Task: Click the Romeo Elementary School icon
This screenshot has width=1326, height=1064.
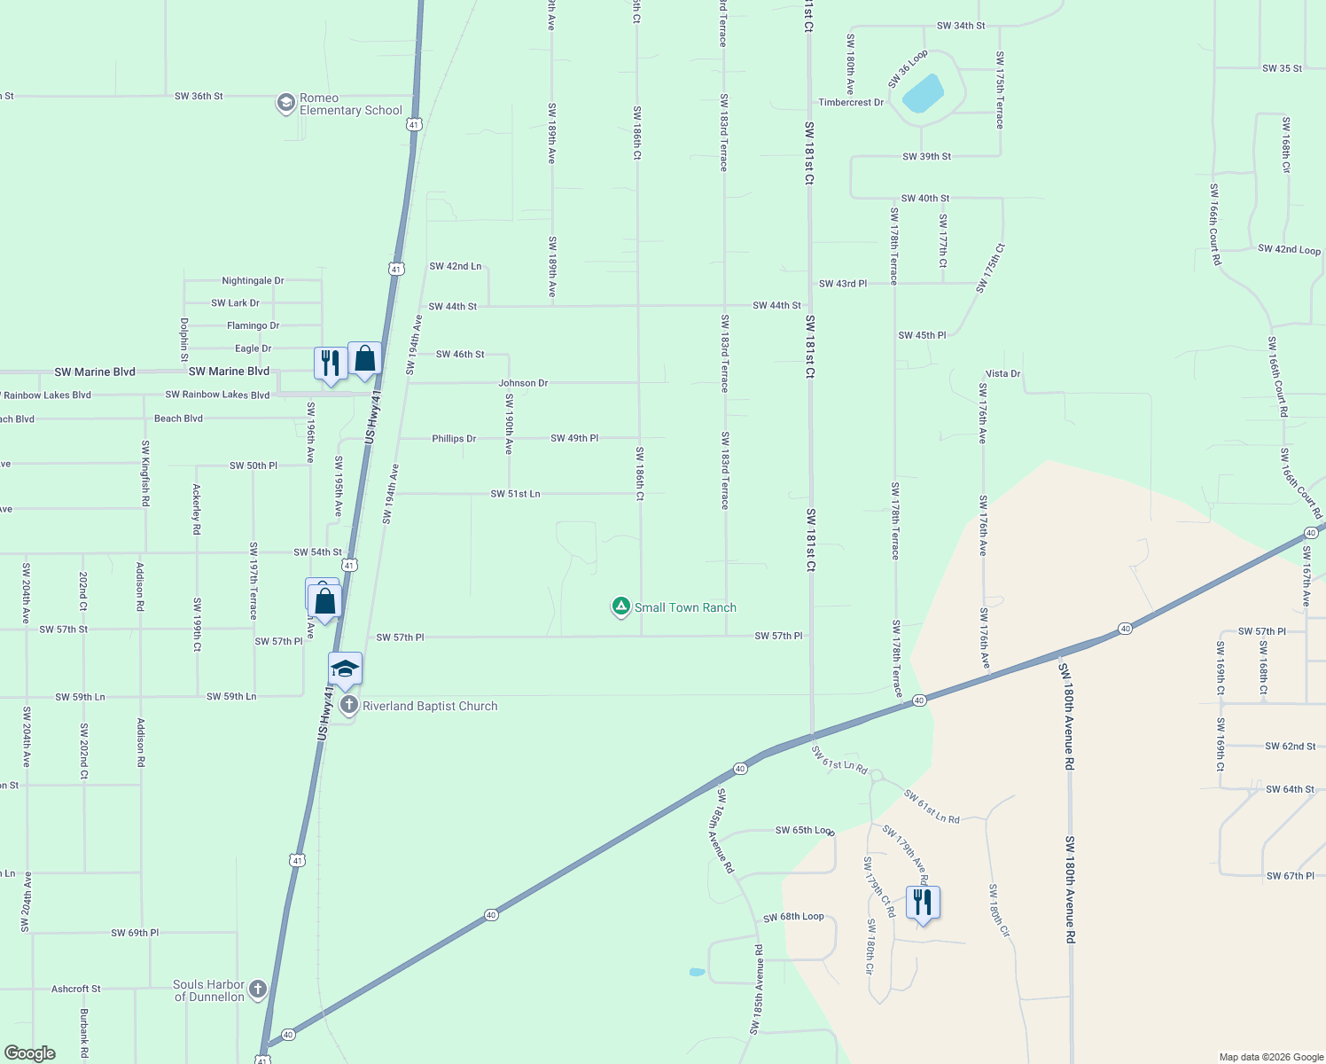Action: (285, 104)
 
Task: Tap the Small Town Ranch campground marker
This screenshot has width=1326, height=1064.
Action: (621, 606)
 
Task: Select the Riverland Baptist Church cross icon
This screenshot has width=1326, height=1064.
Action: (348, 706)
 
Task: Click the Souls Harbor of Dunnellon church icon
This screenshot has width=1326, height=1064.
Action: (258, 990)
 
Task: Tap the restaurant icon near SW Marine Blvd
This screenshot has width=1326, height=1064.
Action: (330, 364)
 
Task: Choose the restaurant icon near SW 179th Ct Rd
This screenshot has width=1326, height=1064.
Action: (923, 903)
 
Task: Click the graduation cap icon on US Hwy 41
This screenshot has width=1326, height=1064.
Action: (345, 669)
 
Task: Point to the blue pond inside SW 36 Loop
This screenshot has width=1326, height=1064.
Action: (923, 93)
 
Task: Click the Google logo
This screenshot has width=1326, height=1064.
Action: (29, 1053)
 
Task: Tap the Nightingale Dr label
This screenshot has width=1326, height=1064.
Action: (253, 281)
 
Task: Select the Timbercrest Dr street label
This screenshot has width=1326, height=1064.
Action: (851, 103)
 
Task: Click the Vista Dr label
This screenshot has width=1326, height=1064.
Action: (1003, 374)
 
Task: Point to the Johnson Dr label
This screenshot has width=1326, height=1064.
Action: (523, 383)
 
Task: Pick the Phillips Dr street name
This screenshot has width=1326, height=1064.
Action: (454, 439)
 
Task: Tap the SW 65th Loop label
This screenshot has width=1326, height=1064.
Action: (804, 831)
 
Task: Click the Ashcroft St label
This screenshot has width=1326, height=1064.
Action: (76, 989)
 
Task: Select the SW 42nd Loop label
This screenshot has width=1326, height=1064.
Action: (1289, 250)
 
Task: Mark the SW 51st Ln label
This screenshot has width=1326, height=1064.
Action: (515, 494)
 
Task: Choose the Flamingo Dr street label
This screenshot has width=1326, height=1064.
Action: (253, 326)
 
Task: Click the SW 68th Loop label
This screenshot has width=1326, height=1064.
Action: (793, 917)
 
